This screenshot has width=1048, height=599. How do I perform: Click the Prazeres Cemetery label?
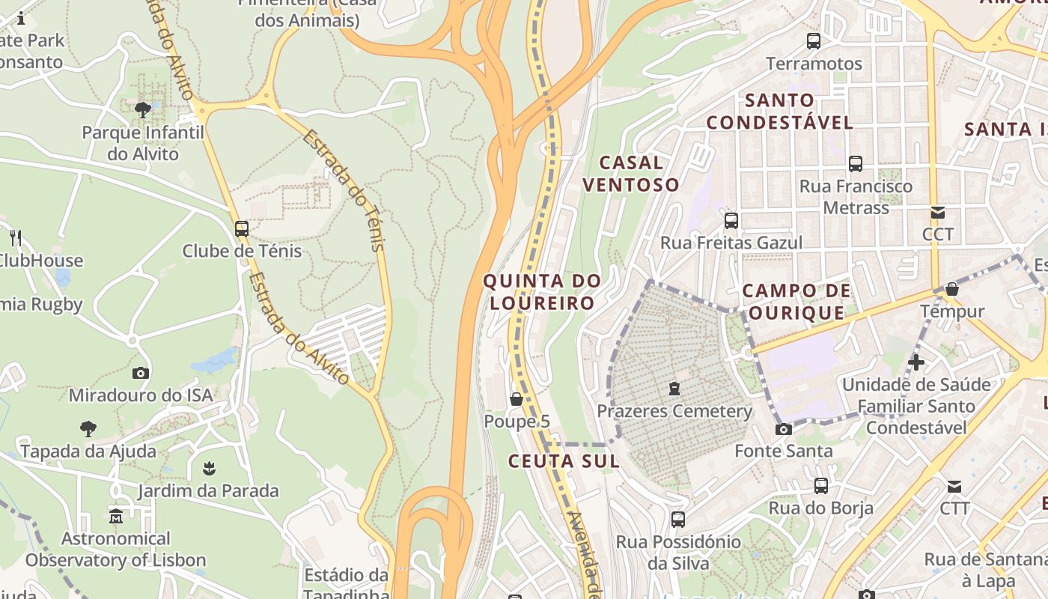674,411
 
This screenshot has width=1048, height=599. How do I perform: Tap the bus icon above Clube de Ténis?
241,229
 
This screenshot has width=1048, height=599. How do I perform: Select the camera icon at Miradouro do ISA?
141,373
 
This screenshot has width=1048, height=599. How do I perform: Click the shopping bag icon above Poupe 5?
517,399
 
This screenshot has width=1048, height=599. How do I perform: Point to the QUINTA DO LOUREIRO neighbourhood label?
542,292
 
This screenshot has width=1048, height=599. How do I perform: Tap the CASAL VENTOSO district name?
631,174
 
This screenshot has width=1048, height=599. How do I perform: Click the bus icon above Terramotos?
814,41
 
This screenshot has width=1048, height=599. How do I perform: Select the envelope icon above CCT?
936,213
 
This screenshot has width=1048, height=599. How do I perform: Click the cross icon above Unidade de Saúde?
916,363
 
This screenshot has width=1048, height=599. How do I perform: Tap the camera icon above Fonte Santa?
784,429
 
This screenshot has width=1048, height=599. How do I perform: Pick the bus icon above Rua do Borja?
821,486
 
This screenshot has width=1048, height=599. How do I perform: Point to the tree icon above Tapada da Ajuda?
88,429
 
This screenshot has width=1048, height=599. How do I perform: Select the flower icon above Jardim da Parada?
209,469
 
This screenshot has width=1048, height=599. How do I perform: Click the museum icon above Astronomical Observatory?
116,517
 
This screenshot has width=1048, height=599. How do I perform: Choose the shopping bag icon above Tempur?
952,289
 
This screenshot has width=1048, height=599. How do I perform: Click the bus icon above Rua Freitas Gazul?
731,221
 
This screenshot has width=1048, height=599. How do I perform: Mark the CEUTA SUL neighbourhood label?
564,461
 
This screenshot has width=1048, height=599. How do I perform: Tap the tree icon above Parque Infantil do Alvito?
143,111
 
